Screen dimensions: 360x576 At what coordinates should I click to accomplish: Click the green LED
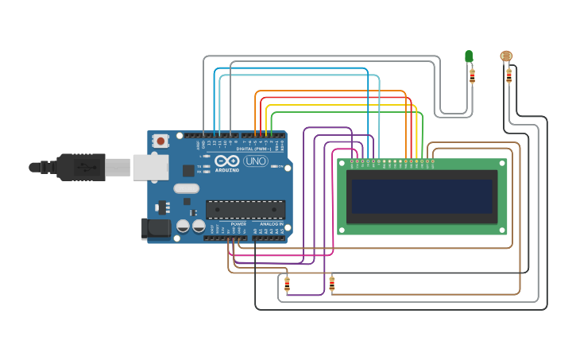469,56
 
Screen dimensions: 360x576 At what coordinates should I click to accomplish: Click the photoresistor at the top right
506,56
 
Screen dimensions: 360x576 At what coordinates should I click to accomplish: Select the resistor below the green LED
472,75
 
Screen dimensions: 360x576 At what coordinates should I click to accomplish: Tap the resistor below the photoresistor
508,75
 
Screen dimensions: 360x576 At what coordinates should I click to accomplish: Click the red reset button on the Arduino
161,141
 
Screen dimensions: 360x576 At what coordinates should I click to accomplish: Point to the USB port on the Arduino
149,167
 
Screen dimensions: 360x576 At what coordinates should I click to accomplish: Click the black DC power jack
157,228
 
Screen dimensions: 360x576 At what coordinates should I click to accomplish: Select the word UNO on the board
255,161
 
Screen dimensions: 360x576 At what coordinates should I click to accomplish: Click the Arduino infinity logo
227,161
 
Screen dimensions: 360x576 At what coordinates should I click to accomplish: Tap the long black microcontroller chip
245,209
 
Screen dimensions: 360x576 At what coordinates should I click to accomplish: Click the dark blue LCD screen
422,196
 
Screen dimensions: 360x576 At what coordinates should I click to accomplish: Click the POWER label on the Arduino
238,224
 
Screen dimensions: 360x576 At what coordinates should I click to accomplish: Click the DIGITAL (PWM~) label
254,149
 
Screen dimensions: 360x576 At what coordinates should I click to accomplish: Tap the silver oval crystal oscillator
186,189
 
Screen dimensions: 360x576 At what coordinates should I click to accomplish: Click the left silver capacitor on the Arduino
183,226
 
